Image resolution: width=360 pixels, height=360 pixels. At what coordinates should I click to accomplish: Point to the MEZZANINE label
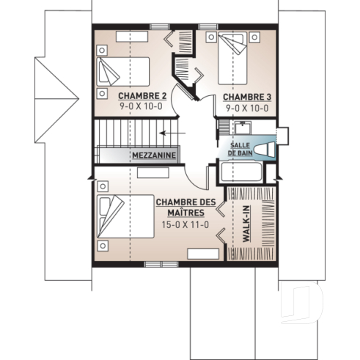point(153,155)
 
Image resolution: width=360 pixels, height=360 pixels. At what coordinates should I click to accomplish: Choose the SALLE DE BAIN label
point(241,149)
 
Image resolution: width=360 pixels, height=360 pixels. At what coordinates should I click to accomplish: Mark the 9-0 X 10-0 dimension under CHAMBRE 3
point(246,107)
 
